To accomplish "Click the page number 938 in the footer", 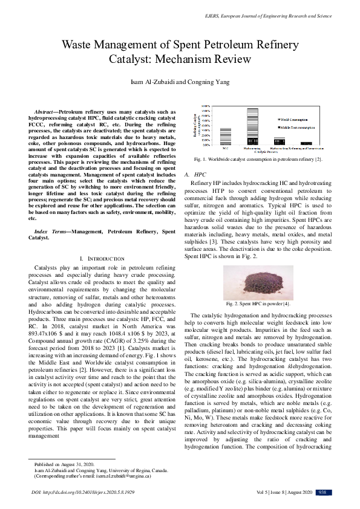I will pyautogui.click(x=322, y=492).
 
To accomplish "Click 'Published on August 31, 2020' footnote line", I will pyautogui.click(x=62, y=464).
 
